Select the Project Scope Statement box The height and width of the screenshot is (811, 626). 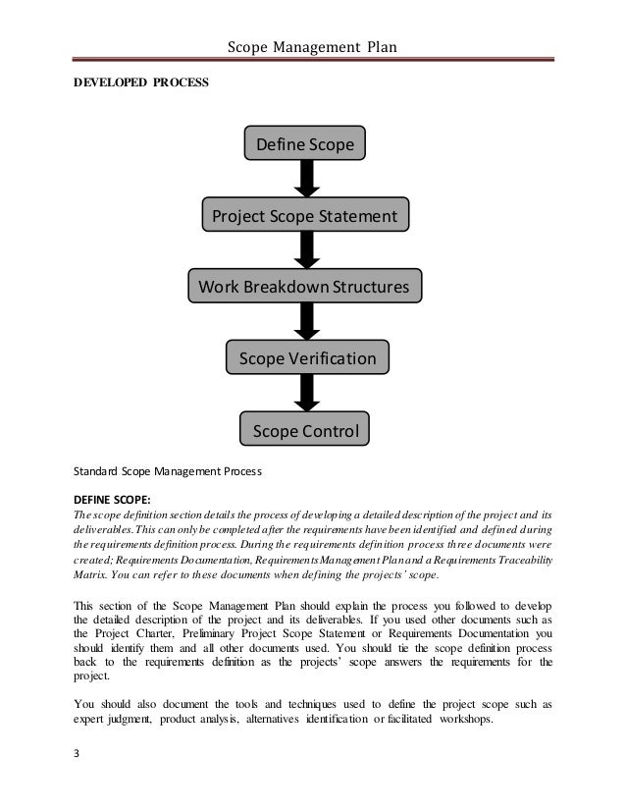coord(305,215)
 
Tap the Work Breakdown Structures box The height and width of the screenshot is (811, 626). coord(305,287)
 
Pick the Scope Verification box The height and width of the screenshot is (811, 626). coord(307,358)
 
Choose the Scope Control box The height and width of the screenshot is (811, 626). coord(305,430)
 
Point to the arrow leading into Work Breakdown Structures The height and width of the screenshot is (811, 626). coord(306,250)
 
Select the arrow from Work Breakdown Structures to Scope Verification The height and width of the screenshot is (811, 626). coord(306,322)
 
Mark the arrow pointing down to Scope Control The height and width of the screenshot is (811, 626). coord(306,395)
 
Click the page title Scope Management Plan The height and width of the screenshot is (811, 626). coord(311,46)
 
